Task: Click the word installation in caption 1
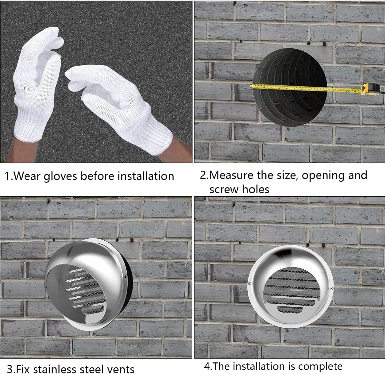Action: pos(146,176)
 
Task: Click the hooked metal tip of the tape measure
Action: pos(252,86)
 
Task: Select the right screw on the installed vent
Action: pos(332,288)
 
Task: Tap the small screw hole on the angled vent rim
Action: pos(125,277)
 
